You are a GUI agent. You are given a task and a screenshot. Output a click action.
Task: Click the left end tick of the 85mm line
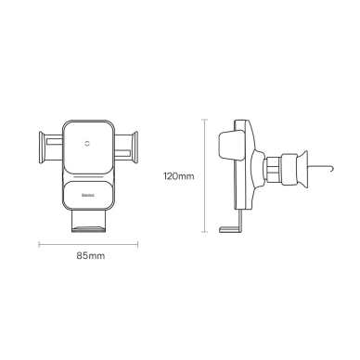(40, 246)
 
